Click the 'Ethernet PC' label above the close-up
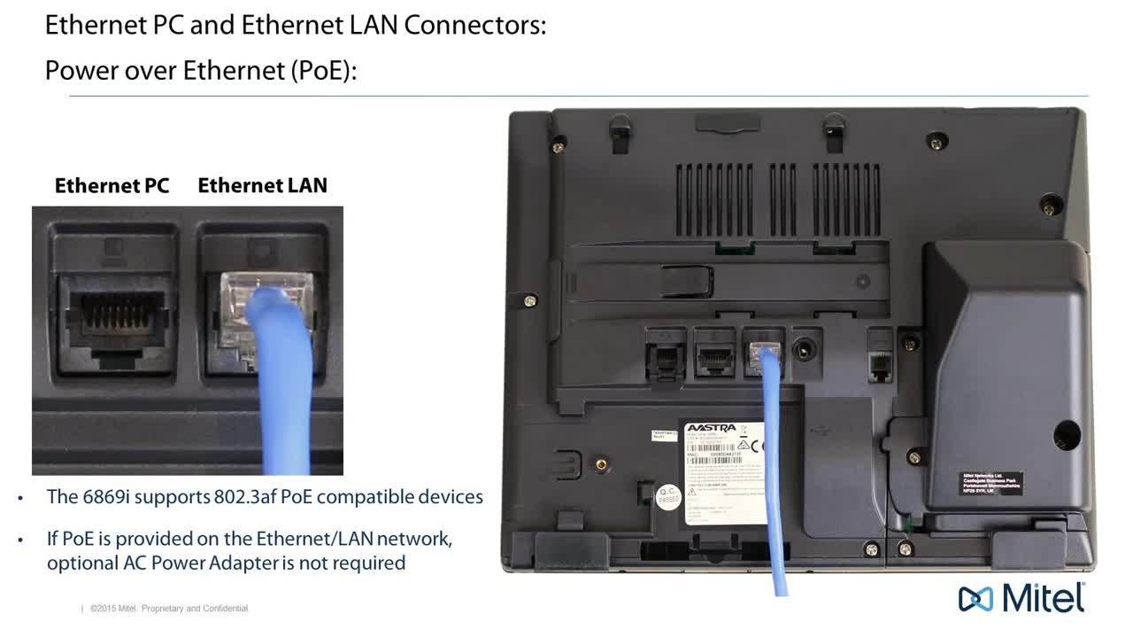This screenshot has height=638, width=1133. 112,185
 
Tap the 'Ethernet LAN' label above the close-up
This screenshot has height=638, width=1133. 262,185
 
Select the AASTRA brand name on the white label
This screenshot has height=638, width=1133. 711,428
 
